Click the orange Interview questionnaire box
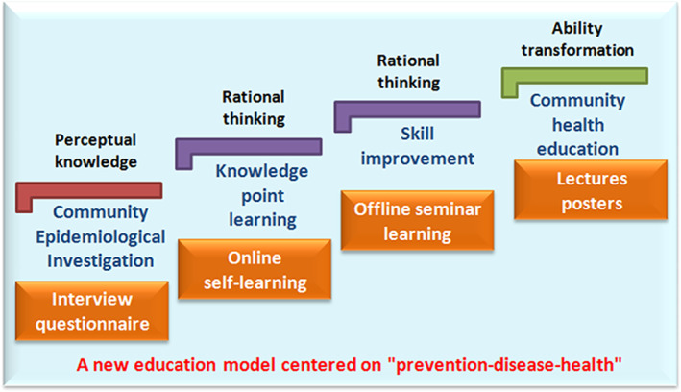pos(92,310)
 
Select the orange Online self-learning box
pos(255,269)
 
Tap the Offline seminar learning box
pos(418,221)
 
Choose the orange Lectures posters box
pos(591,190)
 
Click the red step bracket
pos(89,190)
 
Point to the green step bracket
pos(574,76)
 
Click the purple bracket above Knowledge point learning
pos(249,147)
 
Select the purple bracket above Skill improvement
pos(407,110)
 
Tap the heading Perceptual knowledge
pos(95,151)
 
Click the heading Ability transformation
pos(577,38)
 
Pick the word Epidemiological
pos(100,237)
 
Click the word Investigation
pos(100,260)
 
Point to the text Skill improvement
pos(418,146)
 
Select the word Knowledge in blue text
pos(262,171)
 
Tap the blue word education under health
pos(577,149)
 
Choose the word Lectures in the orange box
pos(592,179)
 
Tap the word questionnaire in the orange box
pos(92,324)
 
